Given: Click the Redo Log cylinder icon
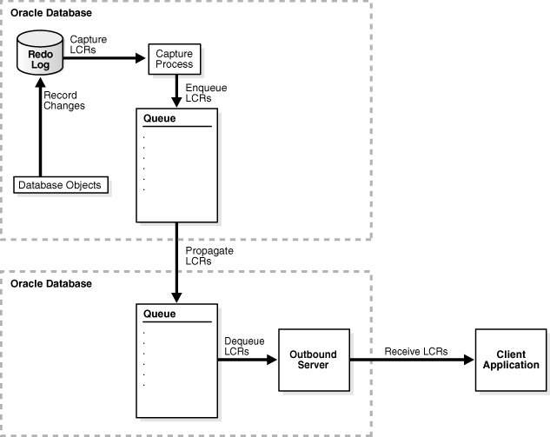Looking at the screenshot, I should point(39,55).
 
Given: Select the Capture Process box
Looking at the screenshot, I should point(174,59).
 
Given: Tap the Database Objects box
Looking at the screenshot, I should point(62,185).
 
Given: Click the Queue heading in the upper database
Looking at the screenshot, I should point(154,118).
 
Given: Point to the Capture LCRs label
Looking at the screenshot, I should point(89,45).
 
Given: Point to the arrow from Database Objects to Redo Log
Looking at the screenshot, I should point(38,130).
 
